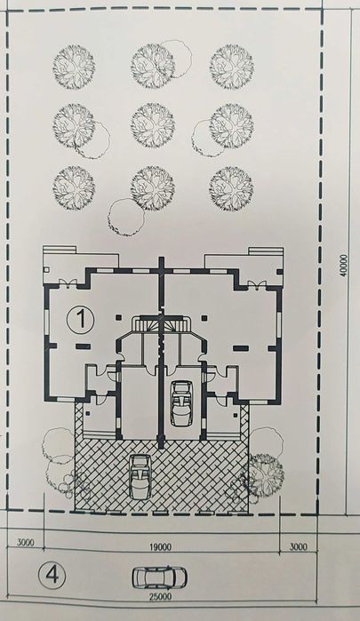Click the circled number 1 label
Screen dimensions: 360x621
pyautogui.click(x=81, y=320)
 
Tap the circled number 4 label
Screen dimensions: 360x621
pyautogui.click(x=52, y=576)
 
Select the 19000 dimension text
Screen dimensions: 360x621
pyautogui.click(x=161, y=547)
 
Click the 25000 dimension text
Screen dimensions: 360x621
pyautogui.click(x=160, y=596)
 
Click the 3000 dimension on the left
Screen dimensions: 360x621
pyautogui.click(x=26, y=543)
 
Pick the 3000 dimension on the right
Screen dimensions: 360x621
pyautogui.click(x=298, y=547)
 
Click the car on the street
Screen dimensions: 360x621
pyautogui.click(x=159, y=577)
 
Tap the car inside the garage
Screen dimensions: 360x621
pyautogui.click(x=180, y=402)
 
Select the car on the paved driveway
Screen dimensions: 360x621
pyautogui.click(x=140, y=477)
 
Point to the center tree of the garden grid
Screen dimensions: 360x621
pyautogui.click(x=153, y=125)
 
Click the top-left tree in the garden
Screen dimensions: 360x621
pyautogui.click(x=74, y=66)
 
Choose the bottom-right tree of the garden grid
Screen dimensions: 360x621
pyautogui.click(x=231, y=188)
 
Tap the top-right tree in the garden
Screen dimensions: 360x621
pyautogui.click(x=231, y=66)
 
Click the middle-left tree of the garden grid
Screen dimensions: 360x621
pyautogui.click(x=74, y=125)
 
